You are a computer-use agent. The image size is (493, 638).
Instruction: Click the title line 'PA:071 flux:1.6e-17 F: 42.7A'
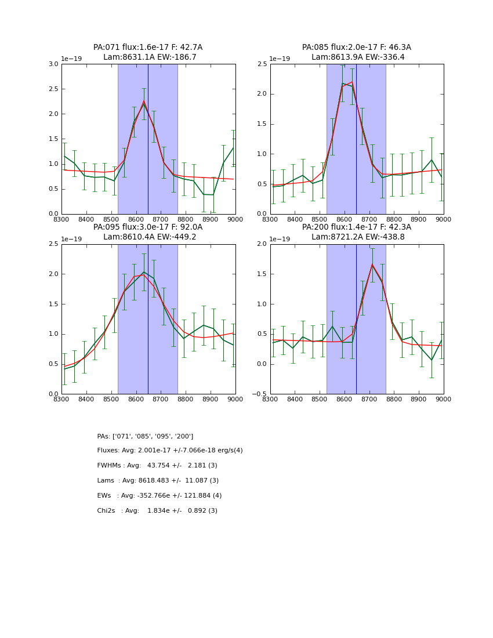[x=148, y=48]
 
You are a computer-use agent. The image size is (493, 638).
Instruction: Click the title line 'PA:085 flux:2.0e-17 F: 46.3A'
[x=356, y=48]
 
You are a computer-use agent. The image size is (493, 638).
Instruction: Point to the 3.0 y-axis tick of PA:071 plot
[x=53, y=64]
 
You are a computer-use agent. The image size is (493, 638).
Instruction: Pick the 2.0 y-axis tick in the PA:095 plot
[x=53, y=274]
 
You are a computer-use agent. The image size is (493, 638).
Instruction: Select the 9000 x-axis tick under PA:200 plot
[x=444, y=399]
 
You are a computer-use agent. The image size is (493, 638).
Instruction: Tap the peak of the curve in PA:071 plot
[x=144, y=102]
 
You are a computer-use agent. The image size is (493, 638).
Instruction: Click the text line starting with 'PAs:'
[x=145, y=436]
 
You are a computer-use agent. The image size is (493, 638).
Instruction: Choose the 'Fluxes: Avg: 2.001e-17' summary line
[x=170, y=451]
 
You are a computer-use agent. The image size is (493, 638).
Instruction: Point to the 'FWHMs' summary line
[x=157, y=466]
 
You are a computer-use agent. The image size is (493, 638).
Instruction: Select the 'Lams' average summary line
[x=158, y=481]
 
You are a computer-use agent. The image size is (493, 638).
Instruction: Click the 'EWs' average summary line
[x=159, y=496]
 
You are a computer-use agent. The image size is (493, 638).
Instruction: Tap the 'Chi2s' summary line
[x=157, y=511]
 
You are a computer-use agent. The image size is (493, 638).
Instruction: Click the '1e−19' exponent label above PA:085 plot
[x=281, y=59]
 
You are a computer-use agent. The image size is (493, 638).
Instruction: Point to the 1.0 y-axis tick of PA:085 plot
[x=262, y=154]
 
